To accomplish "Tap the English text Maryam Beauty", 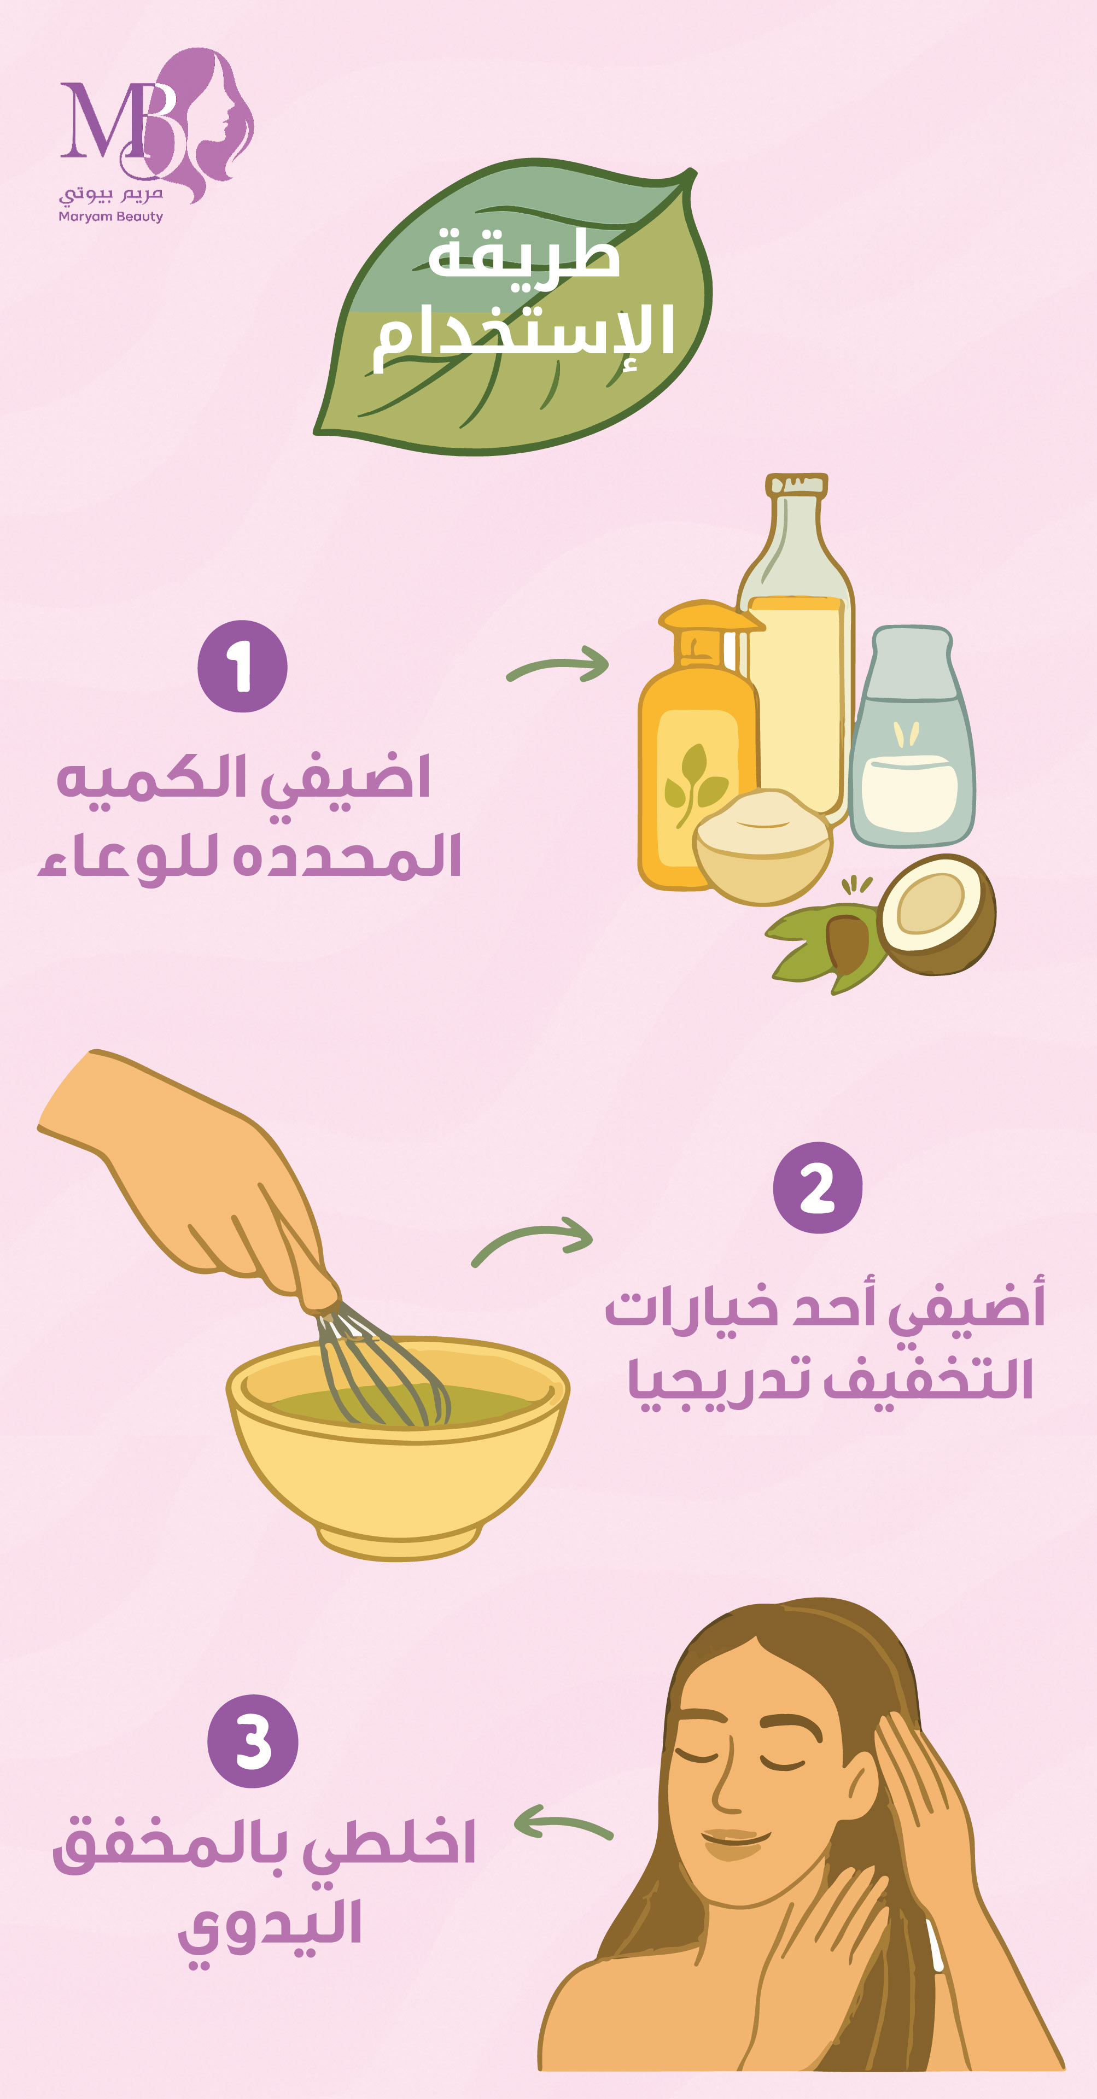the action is pos(111,217).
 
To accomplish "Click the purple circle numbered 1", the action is pos(242,666).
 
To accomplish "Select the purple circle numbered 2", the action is pos(818,1187).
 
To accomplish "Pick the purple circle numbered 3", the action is pos(253,1741).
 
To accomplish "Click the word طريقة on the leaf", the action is pos(523,251).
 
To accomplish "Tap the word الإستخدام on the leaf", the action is pos(524,334).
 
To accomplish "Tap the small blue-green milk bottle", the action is pos(912,736).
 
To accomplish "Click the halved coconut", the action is pos(937,914).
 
